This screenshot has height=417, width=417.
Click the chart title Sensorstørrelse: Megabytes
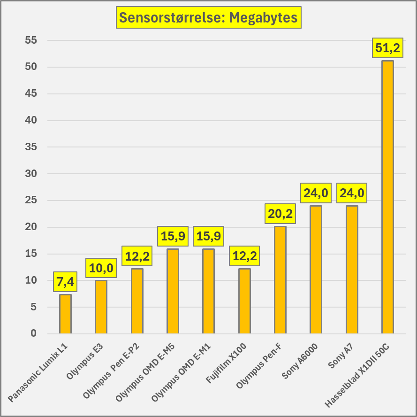point(208,18)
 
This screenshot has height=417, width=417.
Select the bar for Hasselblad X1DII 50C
point(387,197)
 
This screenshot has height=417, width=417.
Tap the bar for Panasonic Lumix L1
point(65,314)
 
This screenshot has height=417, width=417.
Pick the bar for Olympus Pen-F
point(280,280)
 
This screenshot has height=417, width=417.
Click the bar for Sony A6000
point(316,270)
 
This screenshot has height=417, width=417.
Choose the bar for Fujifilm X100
point(244,301)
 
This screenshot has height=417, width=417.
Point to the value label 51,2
point(387,47)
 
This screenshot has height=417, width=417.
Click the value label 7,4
point(65,282)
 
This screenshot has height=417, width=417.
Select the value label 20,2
point(280,214)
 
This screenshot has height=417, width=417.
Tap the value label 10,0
point(101,268)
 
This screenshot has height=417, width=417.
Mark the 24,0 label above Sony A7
point(352,193)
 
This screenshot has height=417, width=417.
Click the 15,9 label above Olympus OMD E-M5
point(173,236)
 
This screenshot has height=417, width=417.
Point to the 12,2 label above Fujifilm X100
point(244,256)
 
